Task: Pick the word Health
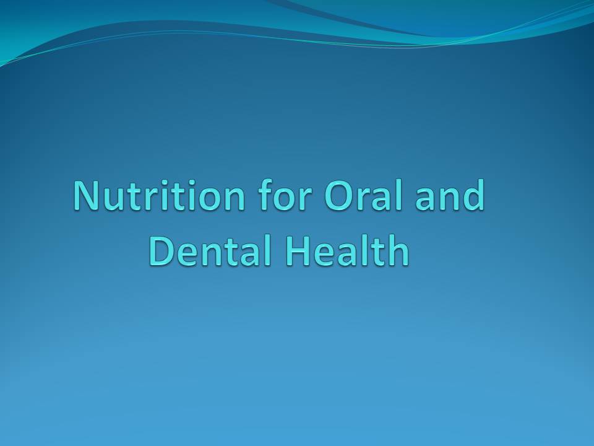(x=346, y=251)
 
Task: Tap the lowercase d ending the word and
(x=473, y=196)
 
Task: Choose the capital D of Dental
(x=162, y=251)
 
